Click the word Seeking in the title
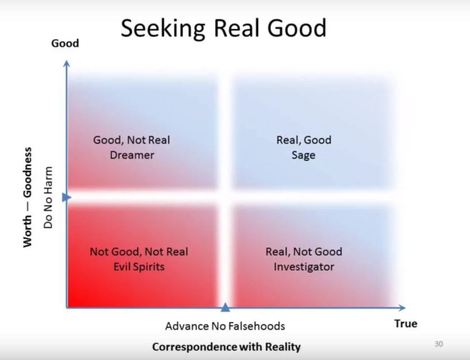pyautogui.click(x=155, y=28)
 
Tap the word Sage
pyautogui.click(x=303, y=155)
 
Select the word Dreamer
pyautogui.click(x=131, y=155)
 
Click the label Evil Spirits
pyautogui.click(x=139, y=267)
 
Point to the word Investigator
pyautogui.click(x=303, y=267)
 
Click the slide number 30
pyautogui.click(x=438, y=344)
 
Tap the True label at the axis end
pyautogui.click(x=406, y=324)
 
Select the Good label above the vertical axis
pyautogui.click(x=65, y=43)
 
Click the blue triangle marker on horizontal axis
pyautogui.click(x=225, y=306)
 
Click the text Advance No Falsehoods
pyautogui.click(x=225, y=326)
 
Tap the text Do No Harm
pyautogui.click(x=48, y=197)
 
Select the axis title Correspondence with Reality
pyautogui.click(x=226, y=347)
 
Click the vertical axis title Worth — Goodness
pyautogui.click(x=27, y=197)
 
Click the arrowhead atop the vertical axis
pyautogui.click(x=67, y=63)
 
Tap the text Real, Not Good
pyautogui.click(x=303, y=252)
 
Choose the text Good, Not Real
pyautogui.click(x=131, y=140)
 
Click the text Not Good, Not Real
pyautogui.click(x=139, y=252)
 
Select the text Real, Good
pyautogui.click(x=303, y=140)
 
